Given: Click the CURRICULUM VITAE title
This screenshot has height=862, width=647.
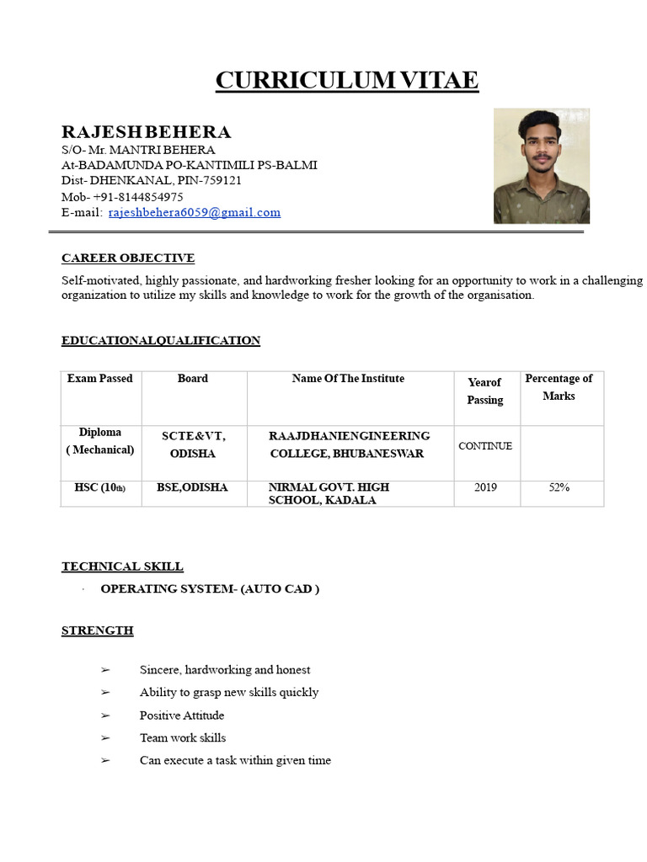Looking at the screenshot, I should (346, 81).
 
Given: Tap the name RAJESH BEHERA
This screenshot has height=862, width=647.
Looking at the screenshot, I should (146, 132).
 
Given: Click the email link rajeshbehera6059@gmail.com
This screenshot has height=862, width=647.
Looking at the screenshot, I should (194, 213).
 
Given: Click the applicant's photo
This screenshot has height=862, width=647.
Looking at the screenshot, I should (541, 166).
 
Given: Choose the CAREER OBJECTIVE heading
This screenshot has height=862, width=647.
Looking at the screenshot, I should (127, 258).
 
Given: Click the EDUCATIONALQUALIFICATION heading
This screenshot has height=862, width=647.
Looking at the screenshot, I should (160, 341).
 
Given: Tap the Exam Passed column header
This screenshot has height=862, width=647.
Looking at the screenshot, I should (100, 379).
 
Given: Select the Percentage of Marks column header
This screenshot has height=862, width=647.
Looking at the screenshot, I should (559, 387).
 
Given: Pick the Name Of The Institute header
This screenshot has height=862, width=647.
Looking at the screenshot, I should (348, 379).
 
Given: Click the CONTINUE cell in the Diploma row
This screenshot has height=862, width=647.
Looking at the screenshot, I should (485, 446).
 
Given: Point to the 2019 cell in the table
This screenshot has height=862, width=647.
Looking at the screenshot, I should (485, 487).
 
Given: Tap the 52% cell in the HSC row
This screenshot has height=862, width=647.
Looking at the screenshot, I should (559, 487).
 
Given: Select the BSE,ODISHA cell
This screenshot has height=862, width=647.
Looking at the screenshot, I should (192, 487).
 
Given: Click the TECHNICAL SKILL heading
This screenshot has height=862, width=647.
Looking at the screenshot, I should (122, 567).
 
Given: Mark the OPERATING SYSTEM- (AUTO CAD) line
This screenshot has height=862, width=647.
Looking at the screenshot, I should (210, 589).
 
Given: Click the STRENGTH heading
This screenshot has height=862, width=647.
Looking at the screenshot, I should (97, 631).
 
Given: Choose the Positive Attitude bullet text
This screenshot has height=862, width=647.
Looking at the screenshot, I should (182, 716).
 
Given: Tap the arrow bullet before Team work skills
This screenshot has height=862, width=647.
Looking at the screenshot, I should (105, 738).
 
